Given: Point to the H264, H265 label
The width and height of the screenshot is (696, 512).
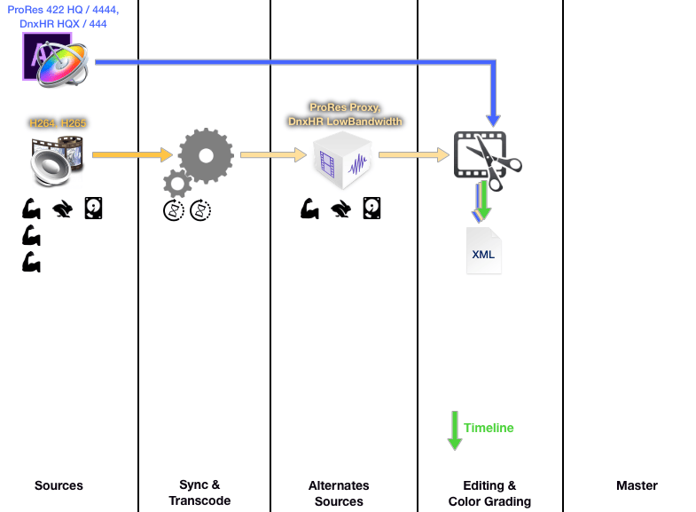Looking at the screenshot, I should (58, 124).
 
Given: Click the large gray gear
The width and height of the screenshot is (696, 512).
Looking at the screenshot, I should (206, 154).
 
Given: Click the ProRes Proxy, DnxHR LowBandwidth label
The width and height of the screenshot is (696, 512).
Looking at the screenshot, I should (345, 114).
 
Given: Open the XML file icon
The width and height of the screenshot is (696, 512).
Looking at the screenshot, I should (483, 251).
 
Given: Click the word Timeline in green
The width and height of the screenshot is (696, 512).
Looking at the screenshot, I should (489, 428).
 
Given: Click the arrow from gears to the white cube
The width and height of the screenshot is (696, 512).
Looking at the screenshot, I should (272, 154).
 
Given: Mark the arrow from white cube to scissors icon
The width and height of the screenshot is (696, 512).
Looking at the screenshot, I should (414, 154).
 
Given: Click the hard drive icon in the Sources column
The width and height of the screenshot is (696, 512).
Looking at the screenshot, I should (93, 209).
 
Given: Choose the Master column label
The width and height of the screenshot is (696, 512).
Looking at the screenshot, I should (637, 485).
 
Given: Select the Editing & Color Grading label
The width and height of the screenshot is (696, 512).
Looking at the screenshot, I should (489, 493).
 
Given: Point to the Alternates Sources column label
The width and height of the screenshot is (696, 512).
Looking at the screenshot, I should (339, 493).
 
